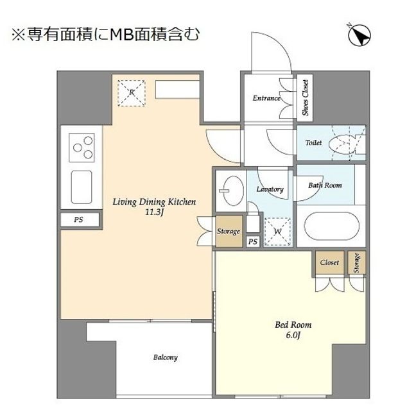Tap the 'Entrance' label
(266, 98)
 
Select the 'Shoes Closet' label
(304, 98)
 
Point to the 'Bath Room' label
(325, 185)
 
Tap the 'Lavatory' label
(270, 189)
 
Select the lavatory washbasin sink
(229, 190)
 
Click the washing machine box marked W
(277, 231)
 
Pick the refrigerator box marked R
(132, 93)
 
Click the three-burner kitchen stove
(83, 148)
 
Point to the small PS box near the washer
(253, 242)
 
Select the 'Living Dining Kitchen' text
(154, 202)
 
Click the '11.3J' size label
(155, 212)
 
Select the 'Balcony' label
(165, 357)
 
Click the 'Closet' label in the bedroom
(329, 262)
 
